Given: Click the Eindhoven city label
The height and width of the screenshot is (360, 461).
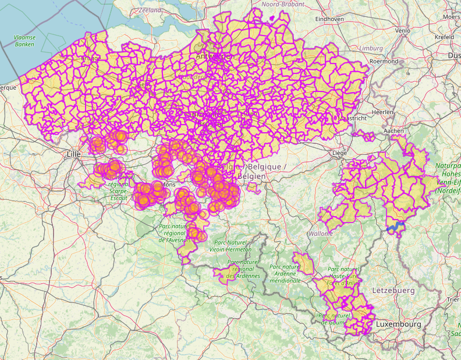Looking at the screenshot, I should pyautogui.click(x=327, y=19).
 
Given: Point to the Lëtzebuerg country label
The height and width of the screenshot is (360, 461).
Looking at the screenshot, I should pyautogui.click(x=393, y=290).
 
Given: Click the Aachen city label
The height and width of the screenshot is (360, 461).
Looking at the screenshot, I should pyautogui.click(x=393, y=131).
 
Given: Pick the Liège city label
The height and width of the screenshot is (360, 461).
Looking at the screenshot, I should pyautogui.click(x=339, y=153).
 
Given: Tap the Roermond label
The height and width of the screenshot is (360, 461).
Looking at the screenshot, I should pyautogui.click(x=384, y=61).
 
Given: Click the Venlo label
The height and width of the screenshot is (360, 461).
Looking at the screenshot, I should pyautogui.click(x=402, y=30).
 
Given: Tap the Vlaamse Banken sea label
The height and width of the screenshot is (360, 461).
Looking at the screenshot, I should pyautogui.click(x=24, y=41).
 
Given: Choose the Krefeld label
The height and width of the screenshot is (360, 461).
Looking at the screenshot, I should pyautogui.click(x=444, y=36).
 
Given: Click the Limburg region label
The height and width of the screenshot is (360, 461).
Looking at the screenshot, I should pyautogui.click(x=371, y=48).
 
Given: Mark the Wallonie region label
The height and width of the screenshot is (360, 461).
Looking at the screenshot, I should pyautogui.click(x=321, y=233).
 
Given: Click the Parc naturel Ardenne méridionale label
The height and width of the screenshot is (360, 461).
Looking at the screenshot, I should pyautogui.click(x=285, y=273).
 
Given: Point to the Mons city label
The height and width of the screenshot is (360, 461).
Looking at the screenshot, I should pyautogui.click(x=168, y=185).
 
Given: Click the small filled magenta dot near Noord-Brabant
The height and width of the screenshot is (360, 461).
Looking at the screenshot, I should pyautogui.click(x=272, y=17).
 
